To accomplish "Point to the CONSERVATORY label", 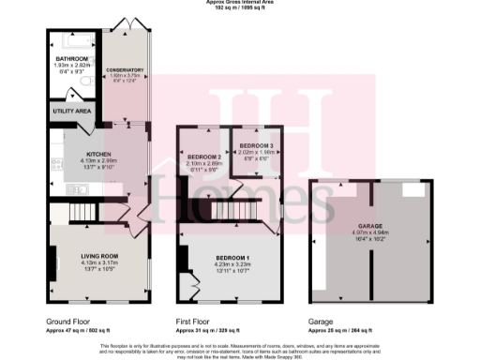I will point(125,69).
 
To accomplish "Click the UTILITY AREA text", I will point(70,111).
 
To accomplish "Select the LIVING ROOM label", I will point(99,256).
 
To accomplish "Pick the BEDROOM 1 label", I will point(230,255).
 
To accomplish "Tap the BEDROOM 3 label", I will point(256,147).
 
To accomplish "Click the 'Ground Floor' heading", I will point(67,321).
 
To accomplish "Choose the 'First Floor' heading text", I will point(196,321).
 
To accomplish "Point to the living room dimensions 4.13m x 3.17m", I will point(99,262).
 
